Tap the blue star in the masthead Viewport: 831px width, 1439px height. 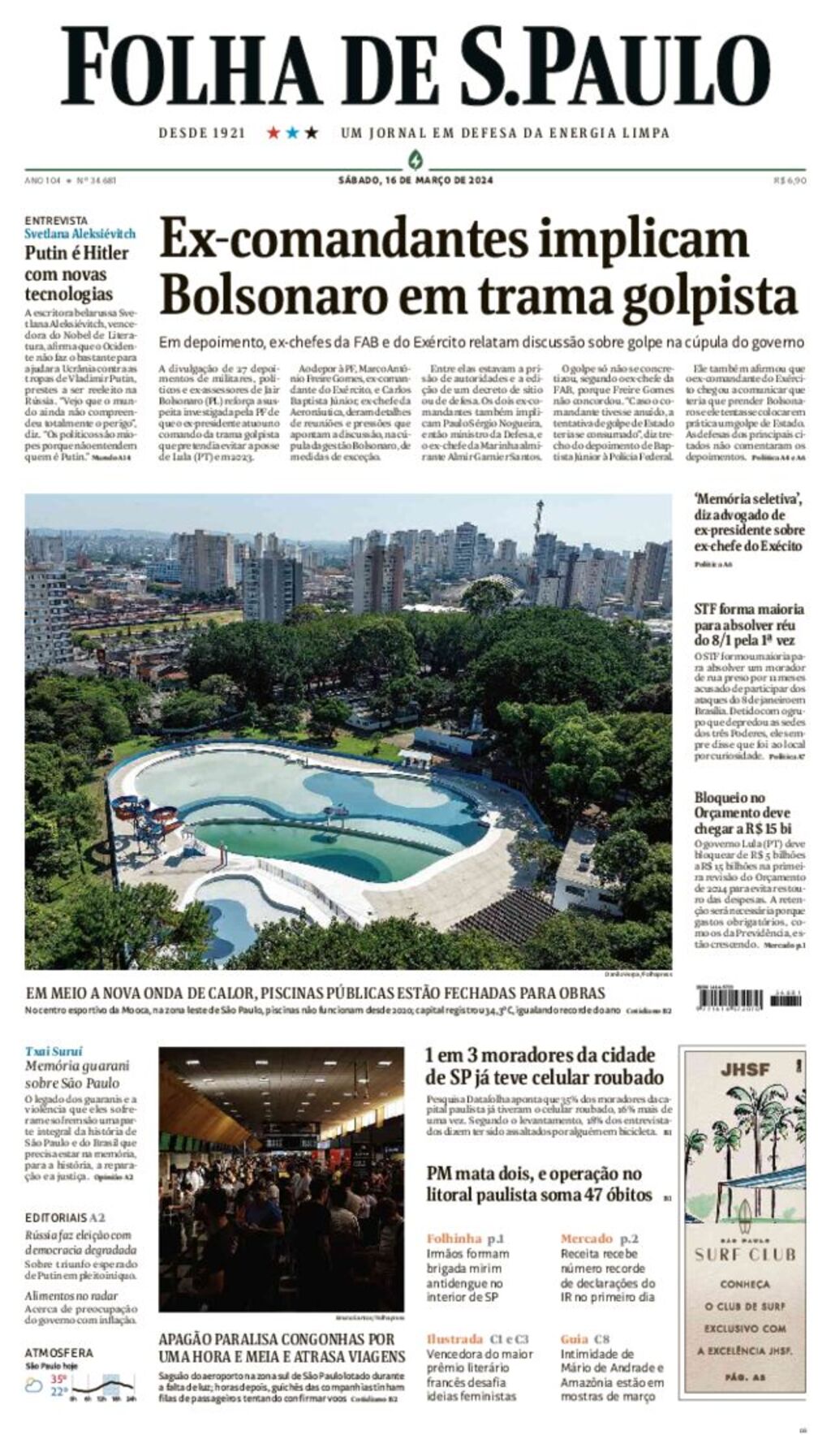click(292, 132)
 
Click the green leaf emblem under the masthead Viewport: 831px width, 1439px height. click(415, 158)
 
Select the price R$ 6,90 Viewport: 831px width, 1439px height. click(790, 180)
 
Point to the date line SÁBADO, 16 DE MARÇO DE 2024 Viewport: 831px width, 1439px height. click(415, 180)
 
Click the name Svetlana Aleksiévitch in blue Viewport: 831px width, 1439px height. click(80, 234)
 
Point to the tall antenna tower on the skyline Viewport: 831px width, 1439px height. click(538, 519)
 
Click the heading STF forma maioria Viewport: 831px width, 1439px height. click(748, 609)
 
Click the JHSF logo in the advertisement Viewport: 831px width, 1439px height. click(744, 1070)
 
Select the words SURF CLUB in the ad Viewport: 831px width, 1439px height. click(745, 1254)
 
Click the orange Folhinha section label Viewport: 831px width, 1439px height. click(454, 1239)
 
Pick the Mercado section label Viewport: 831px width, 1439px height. click(586, 1239)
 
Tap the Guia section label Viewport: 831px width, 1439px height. click(573, 1339)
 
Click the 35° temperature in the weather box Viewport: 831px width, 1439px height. click(59, 1378)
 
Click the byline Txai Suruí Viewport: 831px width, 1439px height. click(54, 1051)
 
